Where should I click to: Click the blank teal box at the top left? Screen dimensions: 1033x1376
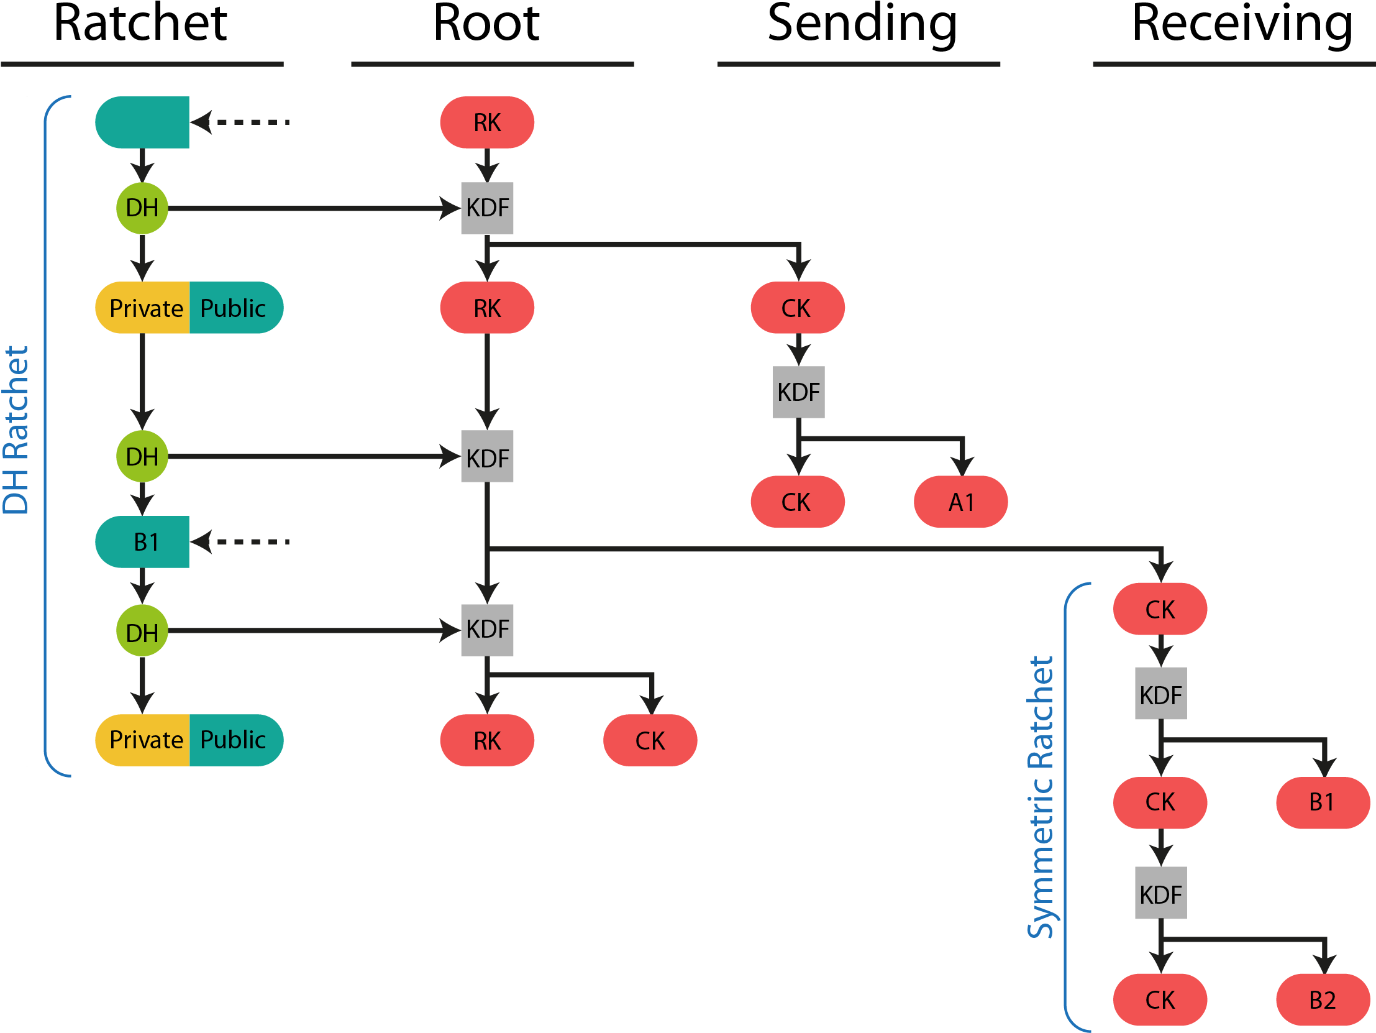[142, 122]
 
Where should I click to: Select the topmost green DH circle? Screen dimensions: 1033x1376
[142, 208]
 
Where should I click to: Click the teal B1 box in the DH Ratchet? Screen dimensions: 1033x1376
[142, 541]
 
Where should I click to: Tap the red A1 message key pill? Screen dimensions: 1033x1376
[960, 502]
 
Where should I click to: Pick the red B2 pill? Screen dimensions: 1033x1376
[1323, 999]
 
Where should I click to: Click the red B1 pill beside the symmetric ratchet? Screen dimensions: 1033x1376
[1323, 802]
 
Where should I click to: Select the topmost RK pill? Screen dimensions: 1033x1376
[486, 122]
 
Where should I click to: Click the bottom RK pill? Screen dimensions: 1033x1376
[486, 740]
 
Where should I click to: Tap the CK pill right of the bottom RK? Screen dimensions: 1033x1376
[650, 740]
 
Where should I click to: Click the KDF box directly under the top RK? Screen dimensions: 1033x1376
[487, 208]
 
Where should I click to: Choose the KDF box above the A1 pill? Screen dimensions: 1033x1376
[799, 392]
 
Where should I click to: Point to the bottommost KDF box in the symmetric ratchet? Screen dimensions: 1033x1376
[1161, 893]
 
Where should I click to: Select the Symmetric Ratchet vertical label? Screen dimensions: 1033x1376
[1040, 797]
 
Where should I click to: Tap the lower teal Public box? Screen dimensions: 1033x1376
[235, 740]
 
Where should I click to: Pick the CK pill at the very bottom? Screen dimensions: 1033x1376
[1160, 999]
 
